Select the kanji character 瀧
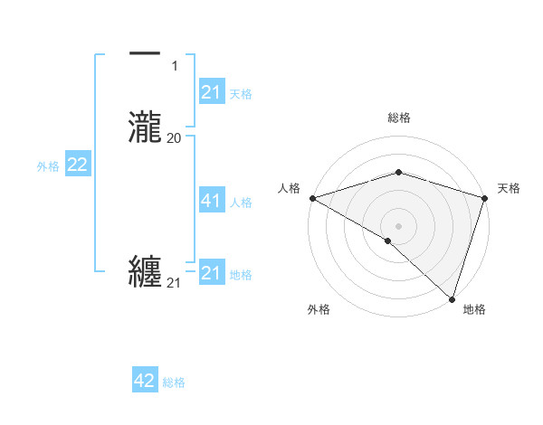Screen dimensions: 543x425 click(145, 127)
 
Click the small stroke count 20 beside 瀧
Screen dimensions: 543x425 click(174, 137)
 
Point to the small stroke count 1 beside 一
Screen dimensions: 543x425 click(174, 66)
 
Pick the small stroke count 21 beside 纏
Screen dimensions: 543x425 click(174, 283)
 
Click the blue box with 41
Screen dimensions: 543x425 click(211, 201)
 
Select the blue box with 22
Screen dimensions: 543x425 click(78, 165)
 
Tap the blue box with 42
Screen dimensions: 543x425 click(145, 381)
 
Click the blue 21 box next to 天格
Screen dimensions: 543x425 click(211, 91)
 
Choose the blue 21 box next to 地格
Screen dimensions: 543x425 click(211, 272)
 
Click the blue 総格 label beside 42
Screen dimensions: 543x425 click(174, 382)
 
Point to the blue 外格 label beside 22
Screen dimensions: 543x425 click(48, 166)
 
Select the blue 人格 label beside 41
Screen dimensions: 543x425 click(242, 203)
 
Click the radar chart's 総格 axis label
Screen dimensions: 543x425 click(399, 118)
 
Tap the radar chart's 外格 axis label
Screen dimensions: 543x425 click(319, 309)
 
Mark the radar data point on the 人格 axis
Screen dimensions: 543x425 click(312, 198)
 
